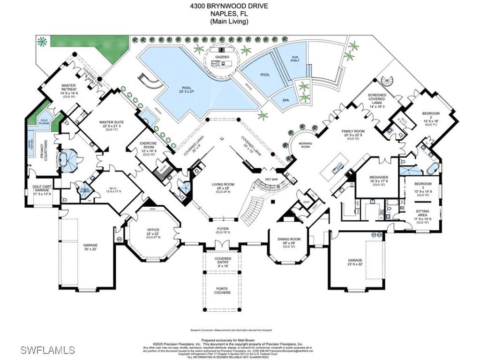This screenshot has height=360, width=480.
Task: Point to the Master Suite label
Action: pos(111,123)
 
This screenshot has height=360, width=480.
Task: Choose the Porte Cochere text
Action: pos(223,291)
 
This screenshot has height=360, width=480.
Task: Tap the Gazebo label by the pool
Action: pos(222,56)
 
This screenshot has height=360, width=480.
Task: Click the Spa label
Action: pos(285,100)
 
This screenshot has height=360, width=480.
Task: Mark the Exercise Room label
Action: pos(149,146)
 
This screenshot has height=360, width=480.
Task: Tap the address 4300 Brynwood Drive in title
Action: pos(229,6)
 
